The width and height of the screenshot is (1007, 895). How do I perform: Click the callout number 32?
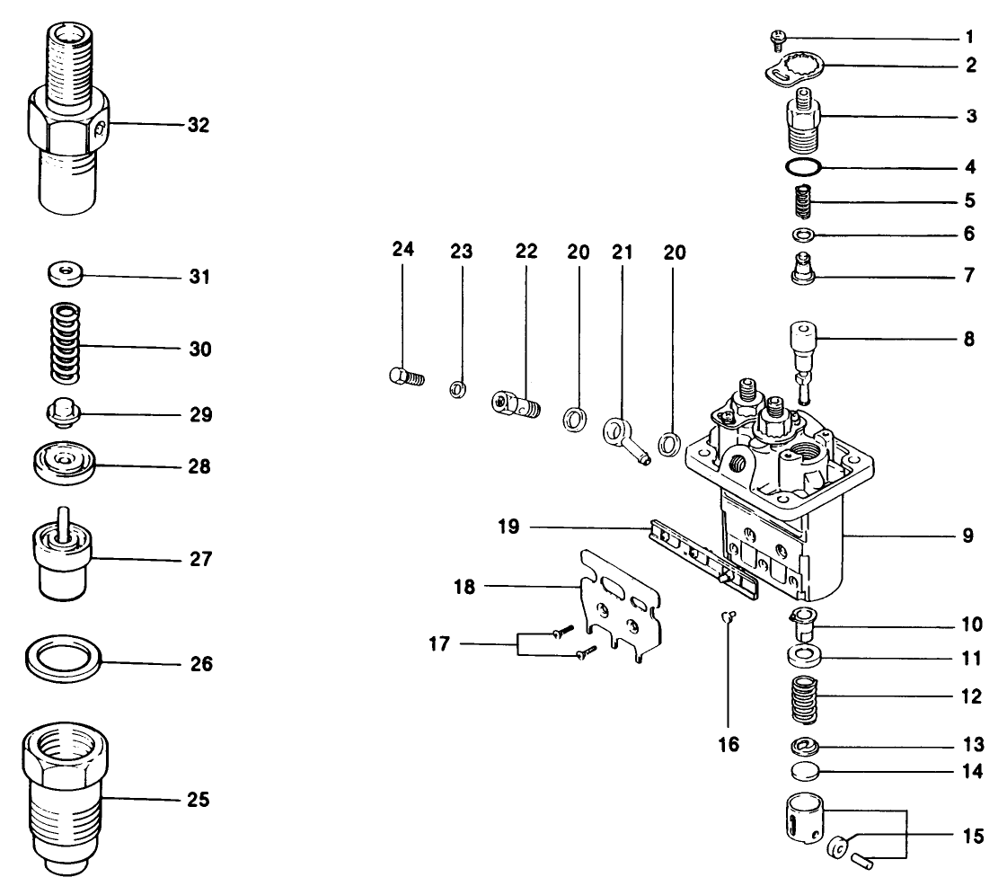pyautogui.click(x=198, y=126)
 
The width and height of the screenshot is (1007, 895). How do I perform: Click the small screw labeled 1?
pyautogui.click(x=778, y=39)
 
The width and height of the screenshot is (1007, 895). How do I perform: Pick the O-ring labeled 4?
pyautogui.click(x=801, y=167)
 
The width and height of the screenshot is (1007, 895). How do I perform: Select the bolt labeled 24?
pyautogui.click(x=407, y=377)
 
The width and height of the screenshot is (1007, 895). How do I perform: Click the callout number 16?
pyautogui.click(x=729, y=745)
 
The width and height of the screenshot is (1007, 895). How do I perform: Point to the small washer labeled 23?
pyautogui.click(x=457, y=389)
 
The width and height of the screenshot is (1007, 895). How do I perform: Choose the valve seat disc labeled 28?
pyautogui.click(x=65, y=462)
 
